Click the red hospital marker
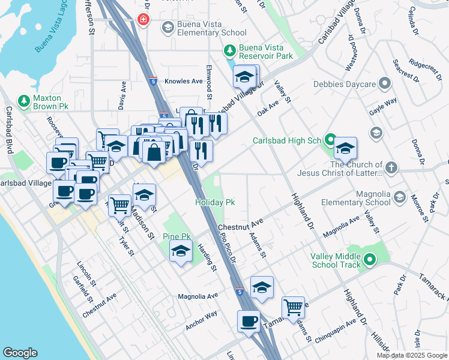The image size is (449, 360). click(143, 20)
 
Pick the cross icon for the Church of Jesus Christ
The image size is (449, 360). click(391, 167)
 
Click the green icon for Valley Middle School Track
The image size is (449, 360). click(370, 260)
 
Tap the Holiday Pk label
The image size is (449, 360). click(214, 203)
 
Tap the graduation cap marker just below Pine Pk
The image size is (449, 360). click(180, 253)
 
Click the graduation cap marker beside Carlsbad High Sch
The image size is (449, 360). click(346, 148)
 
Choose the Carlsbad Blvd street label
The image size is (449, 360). click(9, 130)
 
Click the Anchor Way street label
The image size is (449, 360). click(201, 320)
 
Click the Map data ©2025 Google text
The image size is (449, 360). click(411, 355)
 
